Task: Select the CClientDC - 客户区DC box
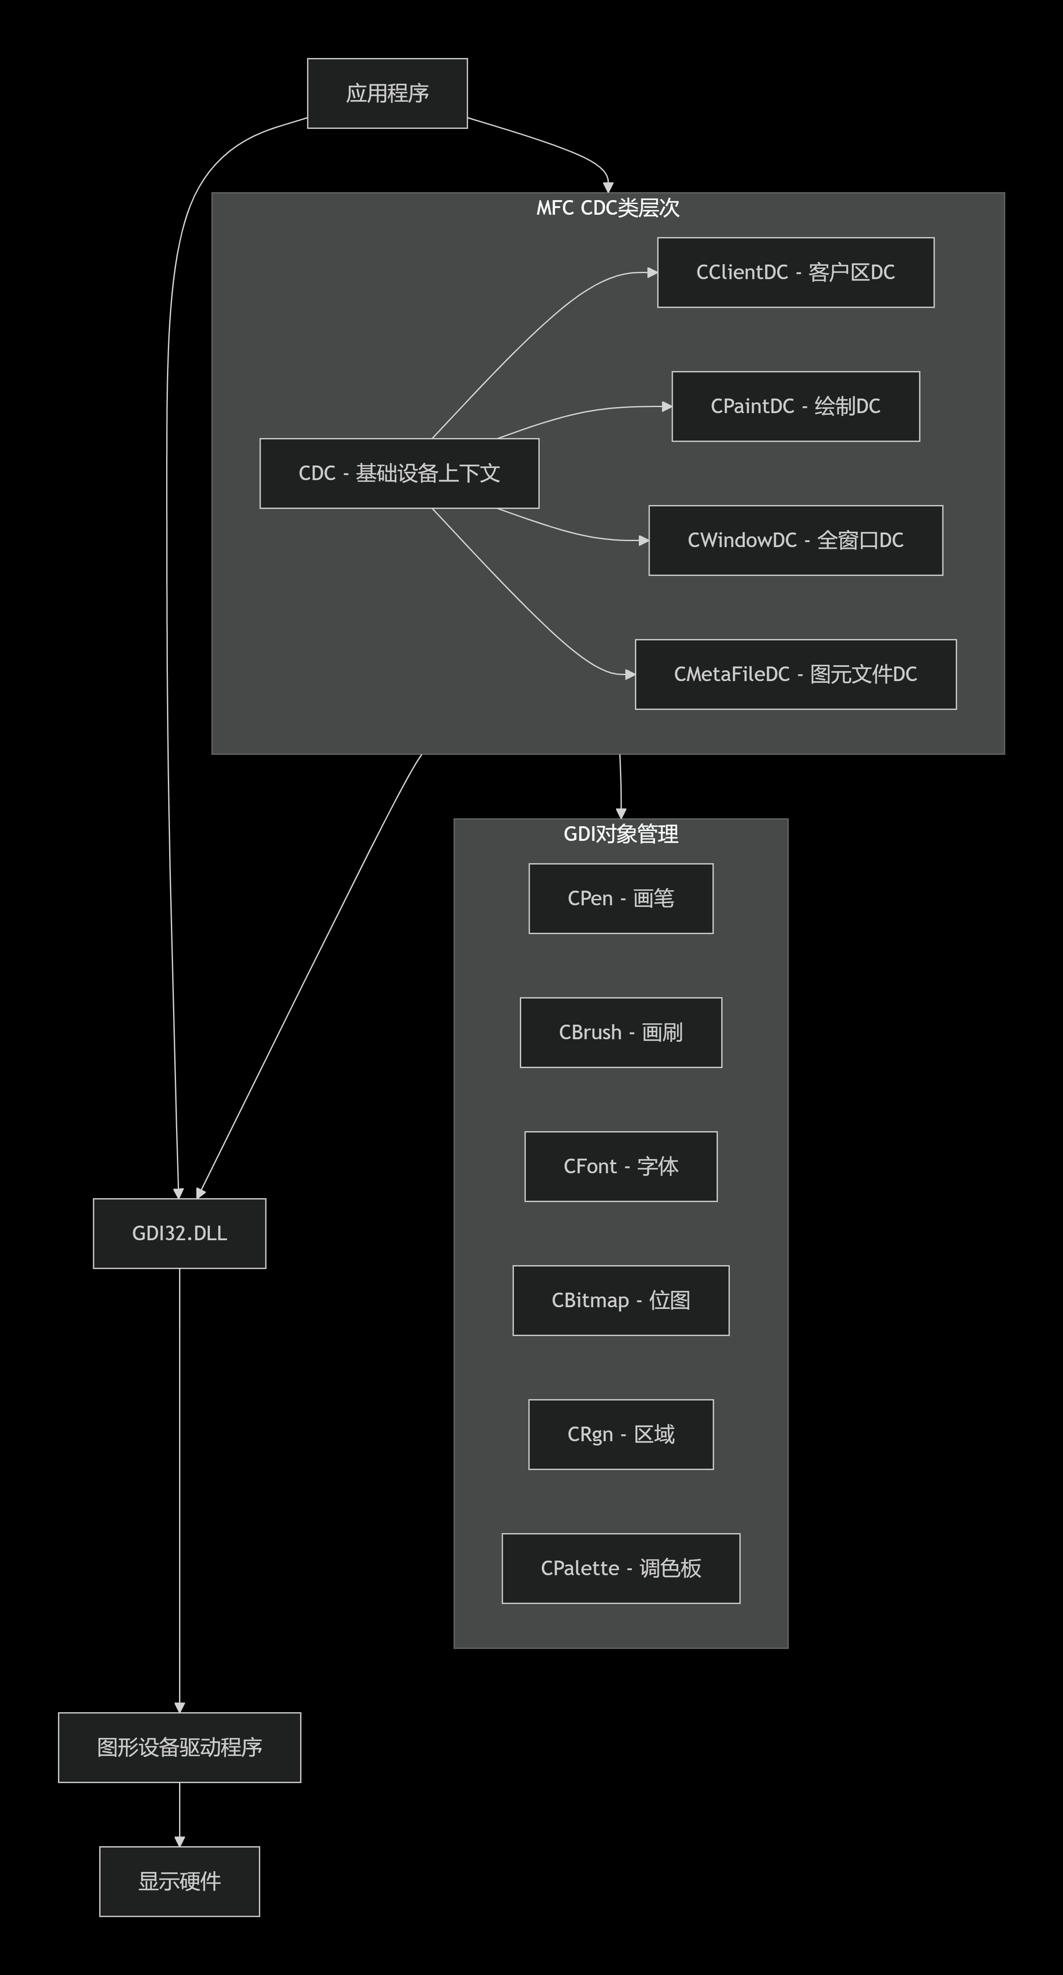click(x=796, y=272)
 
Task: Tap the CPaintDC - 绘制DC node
click(x=796, y=406)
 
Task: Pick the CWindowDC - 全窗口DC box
click(x=796, y=541)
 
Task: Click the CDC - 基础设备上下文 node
click(x=399, y=473)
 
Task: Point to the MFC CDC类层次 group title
click(x=608, y=208)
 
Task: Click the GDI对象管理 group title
click(x=621, y=834)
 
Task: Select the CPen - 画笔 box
click(x=621, y=898)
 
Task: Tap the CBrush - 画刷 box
click(x=621, y=1033)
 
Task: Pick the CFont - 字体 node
click(x=621, y=1166)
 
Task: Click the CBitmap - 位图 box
click(x=621, y=1300)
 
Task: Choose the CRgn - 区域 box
click(x=621, y=1434)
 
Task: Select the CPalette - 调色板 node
click(x=621, y=1569)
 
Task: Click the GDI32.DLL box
click(x=179, y=1234)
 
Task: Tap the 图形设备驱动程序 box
click(x=179, y=1747)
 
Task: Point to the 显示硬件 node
click(x=179, y=1881)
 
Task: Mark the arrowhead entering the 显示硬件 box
click(x=179, y=1841)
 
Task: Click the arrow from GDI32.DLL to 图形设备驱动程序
click(x=179, y=1488)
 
